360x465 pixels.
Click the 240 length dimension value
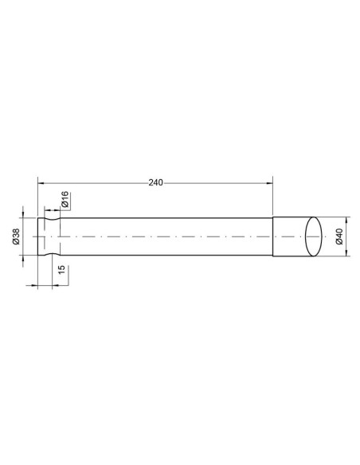[155, 182]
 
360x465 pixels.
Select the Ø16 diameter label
[65, 199]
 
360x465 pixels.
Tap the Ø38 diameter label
[16, 236]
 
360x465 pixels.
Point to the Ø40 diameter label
[339, 236]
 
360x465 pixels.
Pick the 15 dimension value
[61, 270]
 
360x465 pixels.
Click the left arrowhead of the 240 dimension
[41, 183]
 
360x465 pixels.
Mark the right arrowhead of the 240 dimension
[269, 183]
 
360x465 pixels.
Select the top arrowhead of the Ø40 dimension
[346, 220]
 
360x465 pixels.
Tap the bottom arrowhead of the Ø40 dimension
[346, 253]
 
